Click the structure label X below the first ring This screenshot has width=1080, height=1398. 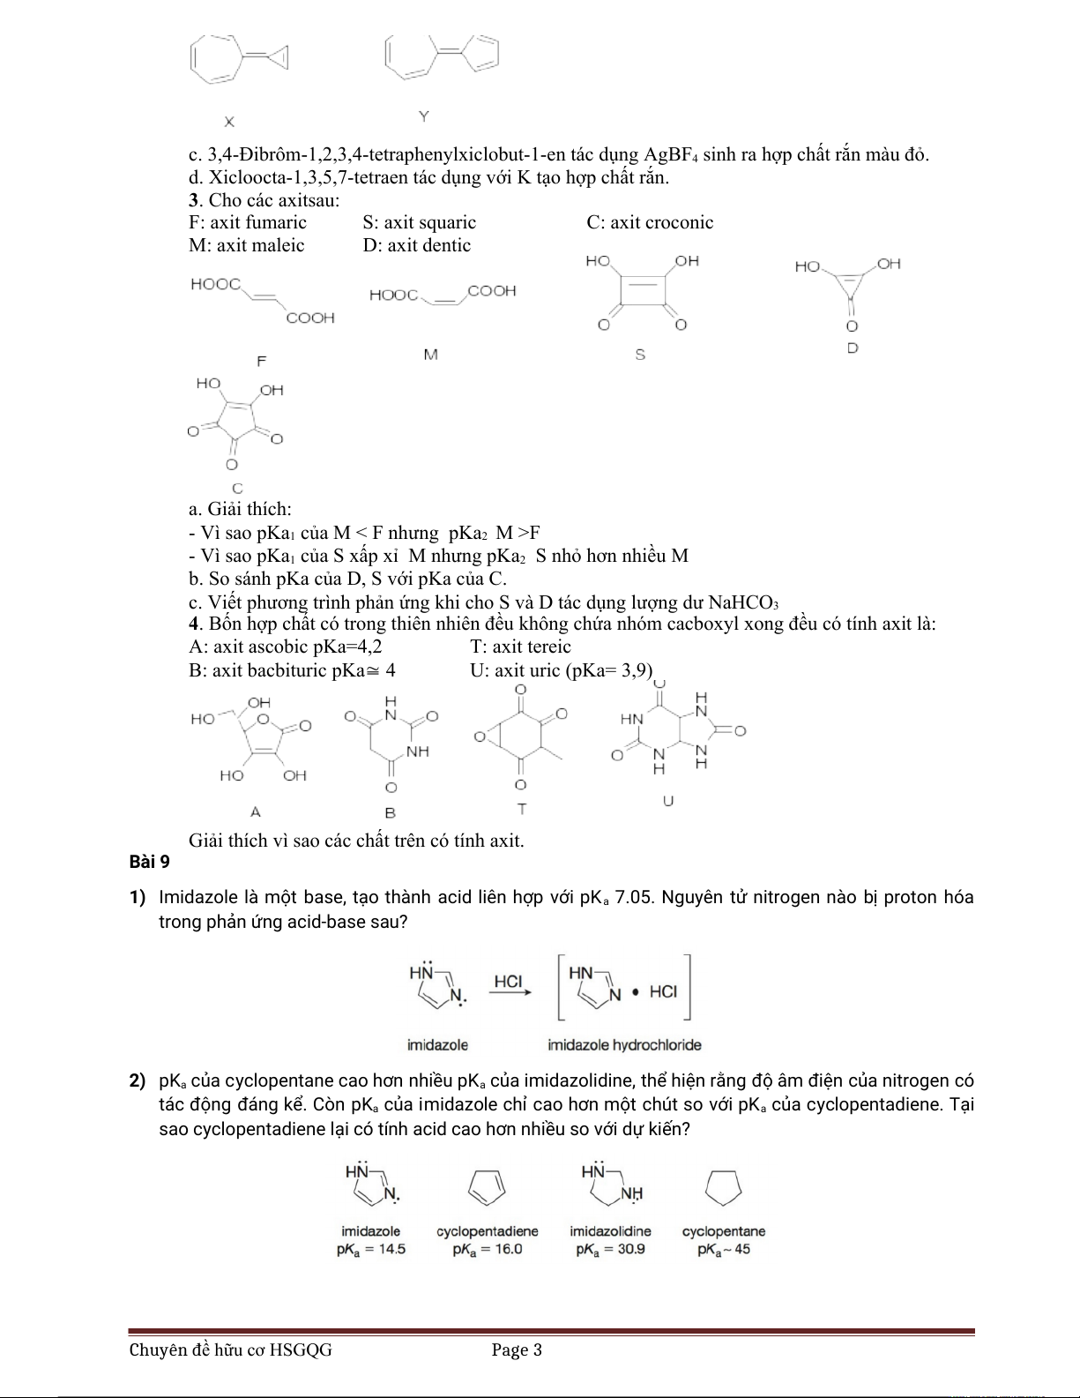click(x=228, y=121)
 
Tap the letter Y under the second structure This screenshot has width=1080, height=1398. click(x=423, y=116)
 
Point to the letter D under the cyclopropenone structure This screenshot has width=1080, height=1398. click(x=853, y=348)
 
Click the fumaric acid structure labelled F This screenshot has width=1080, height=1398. click(x=263, y=301)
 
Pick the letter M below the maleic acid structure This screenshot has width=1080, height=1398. click(x=430, y=355)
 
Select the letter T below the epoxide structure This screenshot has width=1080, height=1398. click(x=521, y=808)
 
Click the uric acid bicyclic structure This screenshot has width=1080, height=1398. click(x=677, y=734)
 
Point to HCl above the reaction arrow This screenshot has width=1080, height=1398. click(x=509, y=981)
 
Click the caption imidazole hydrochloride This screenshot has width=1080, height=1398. click(x=624, y=1045)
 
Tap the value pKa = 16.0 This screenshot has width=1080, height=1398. click(x=487, y=1249)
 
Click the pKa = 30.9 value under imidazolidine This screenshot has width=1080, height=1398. click(x=610, y=1249)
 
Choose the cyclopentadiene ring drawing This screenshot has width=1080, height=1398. click(x=486, y=1187)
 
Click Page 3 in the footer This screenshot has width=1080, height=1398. click(x=517, y=1349)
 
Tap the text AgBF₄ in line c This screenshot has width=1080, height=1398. click(x=671, y=155)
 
